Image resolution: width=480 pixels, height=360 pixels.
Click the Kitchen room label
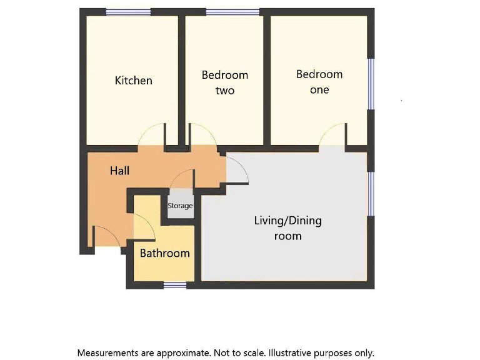click(133, 81)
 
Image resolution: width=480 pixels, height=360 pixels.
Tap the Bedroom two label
click(224, 82)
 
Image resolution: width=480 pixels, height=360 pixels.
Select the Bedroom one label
click(319, 82)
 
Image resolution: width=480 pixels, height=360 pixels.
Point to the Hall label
click(119, 170)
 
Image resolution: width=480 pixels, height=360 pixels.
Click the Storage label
click(180, 206)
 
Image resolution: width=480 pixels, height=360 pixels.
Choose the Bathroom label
click(164, 253)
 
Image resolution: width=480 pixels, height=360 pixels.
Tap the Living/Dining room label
click(287, 228)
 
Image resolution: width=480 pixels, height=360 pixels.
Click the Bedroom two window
click(232, 12)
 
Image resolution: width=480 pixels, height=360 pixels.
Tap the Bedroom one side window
click(371, 84)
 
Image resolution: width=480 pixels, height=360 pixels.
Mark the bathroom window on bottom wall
click(175, 286)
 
